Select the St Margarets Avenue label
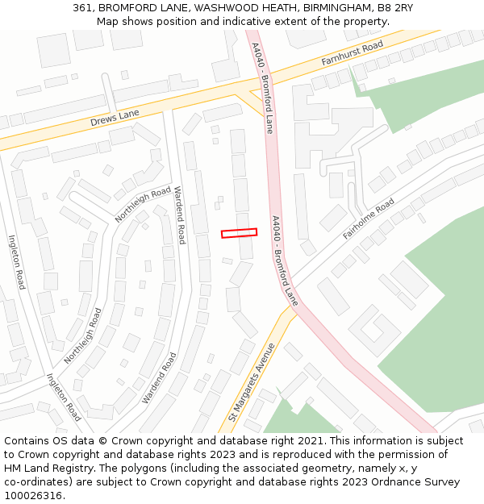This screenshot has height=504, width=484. pos(252,382)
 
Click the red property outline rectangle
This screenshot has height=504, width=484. pos(240,233)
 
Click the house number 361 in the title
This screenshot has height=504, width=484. pos(83,7)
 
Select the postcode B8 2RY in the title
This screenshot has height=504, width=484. pos(393,7)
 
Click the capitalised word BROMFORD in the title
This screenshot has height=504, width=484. pos(127,7)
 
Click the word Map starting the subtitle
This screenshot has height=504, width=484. pos(108,21)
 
